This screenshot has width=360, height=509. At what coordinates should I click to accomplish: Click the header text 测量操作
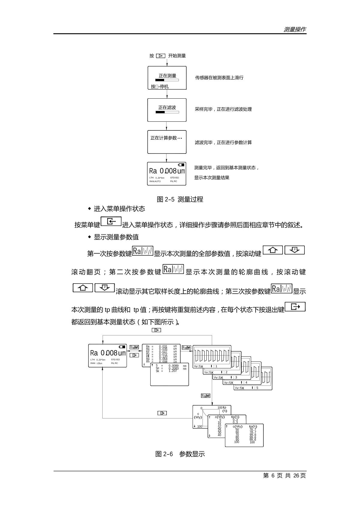[x=295, y=29]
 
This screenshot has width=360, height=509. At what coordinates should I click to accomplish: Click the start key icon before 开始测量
[x=160, y=56]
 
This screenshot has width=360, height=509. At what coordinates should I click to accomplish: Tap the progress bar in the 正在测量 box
[x=167, y=80]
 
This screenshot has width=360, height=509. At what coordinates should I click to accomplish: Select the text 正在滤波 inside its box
[x=167, y=107]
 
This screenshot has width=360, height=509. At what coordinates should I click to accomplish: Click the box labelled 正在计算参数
[x=167, y=142]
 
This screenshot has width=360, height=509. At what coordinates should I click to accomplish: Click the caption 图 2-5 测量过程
[x=180, y=199]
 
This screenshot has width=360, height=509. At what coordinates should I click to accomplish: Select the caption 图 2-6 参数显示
[x=180, y=454]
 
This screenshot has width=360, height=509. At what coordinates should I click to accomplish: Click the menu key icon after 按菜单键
[x=111, y=222]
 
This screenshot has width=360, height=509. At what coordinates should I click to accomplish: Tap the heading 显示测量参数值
[x=116, y=237]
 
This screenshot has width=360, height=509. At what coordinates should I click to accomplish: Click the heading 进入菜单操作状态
[x=119, y=209]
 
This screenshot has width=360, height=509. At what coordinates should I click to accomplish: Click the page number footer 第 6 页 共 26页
[x=284, y=476]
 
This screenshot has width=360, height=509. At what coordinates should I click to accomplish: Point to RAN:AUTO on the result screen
[x=155, y=181]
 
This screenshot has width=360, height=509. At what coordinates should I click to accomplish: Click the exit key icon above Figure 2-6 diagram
[x=156, y=330]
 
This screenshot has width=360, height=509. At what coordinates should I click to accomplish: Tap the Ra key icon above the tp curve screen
[x=205, y=396]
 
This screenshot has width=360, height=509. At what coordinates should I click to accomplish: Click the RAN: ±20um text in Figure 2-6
[x=96, y=363]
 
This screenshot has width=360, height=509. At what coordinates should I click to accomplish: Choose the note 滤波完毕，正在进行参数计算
[x=223, y=142]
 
